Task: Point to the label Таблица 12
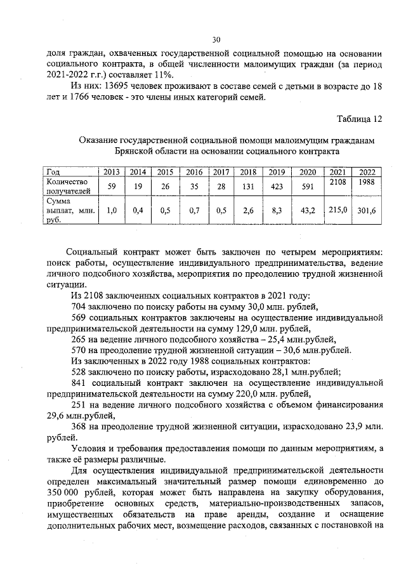360,119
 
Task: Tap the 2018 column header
248,172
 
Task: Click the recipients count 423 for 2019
276,187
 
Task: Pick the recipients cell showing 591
307,187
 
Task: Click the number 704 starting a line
80,307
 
